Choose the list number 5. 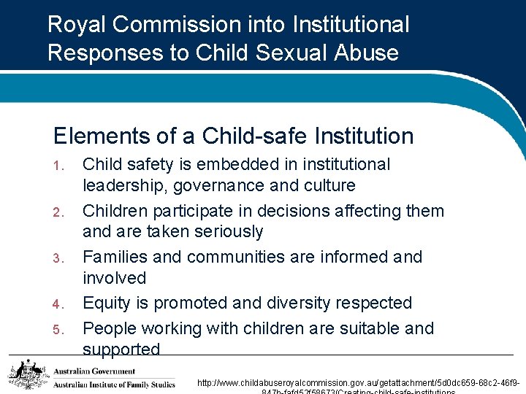pyautogui.click(x=58, y=330)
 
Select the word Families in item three pyautogui.click(x=117, y=257)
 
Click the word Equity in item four pyautogui.click(x=106, y=303)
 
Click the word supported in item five pyautogui.click(x=121, y=349)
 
